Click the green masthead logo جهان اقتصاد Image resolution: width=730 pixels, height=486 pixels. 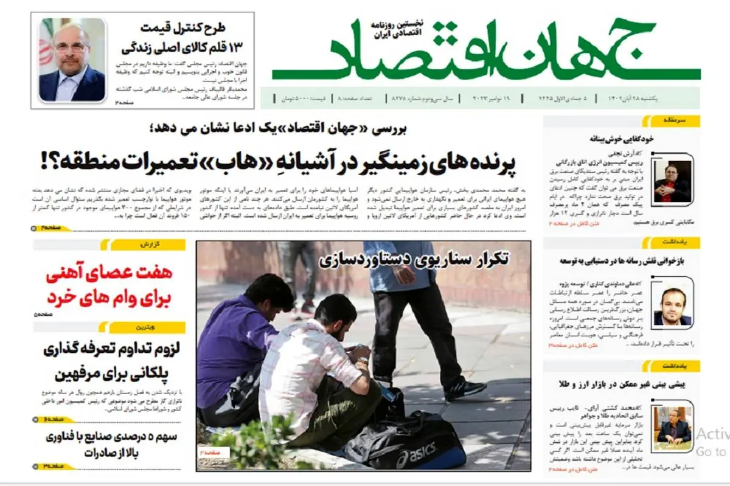point(487,52)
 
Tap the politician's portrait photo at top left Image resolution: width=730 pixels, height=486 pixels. point(72,60)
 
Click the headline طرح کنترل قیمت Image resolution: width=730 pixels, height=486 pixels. point(182,27)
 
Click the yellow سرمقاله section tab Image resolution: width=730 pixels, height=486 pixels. point(680,120)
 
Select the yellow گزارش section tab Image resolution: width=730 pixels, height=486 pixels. point(146,245)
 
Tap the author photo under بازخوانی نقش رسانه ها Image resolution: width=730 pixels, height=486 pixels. point(672,306)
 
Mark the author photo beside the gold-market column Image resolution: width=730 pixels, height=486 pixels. point(672,426)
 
